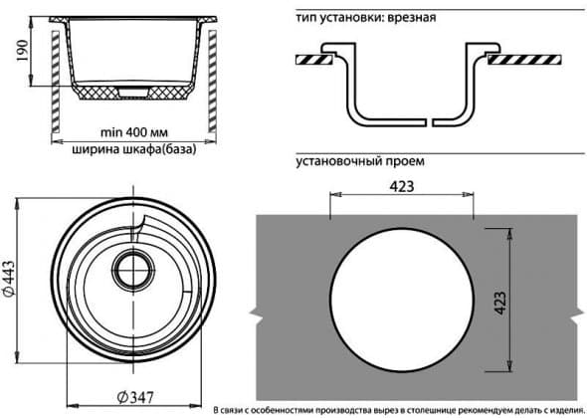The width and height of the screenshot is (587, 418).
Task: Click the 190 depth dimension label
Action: (x=22, y=51)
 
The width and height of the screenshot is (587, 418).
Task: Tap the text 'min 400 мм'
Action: (x=134, y=132)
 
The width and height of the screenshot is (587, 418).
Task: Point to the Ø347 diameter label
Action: (x=135, y=397)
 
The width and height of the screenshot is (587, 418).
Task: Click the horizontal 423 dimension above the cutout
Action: (x=402, y=186)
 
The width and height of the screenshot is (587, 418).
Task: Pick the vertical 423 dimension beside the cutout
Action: (x=499, y=303)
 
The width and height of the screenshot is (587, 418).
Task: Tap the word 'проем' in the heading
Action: (x=406, y=161)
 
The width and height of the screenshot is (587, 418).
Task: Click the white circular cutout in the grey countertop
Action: (x=402, y=299)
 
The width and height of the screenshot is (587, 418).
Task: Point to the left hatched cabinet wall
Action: (x=56, y=82)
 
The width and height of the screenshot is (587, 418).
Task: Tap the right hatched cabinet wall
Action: (x=212, y=82)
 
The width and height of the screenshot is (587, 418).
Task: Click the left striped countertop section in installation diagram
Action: (x=313, y=60)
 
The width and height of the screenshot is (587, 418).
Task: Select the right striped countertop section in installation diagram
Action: (x=524, y=60)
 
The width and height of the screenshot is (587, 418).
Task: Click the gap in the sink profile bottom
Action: (x=430, y=122)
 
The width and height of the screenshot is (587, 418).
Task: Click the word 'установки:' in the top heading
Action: (x=352, y=18)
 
